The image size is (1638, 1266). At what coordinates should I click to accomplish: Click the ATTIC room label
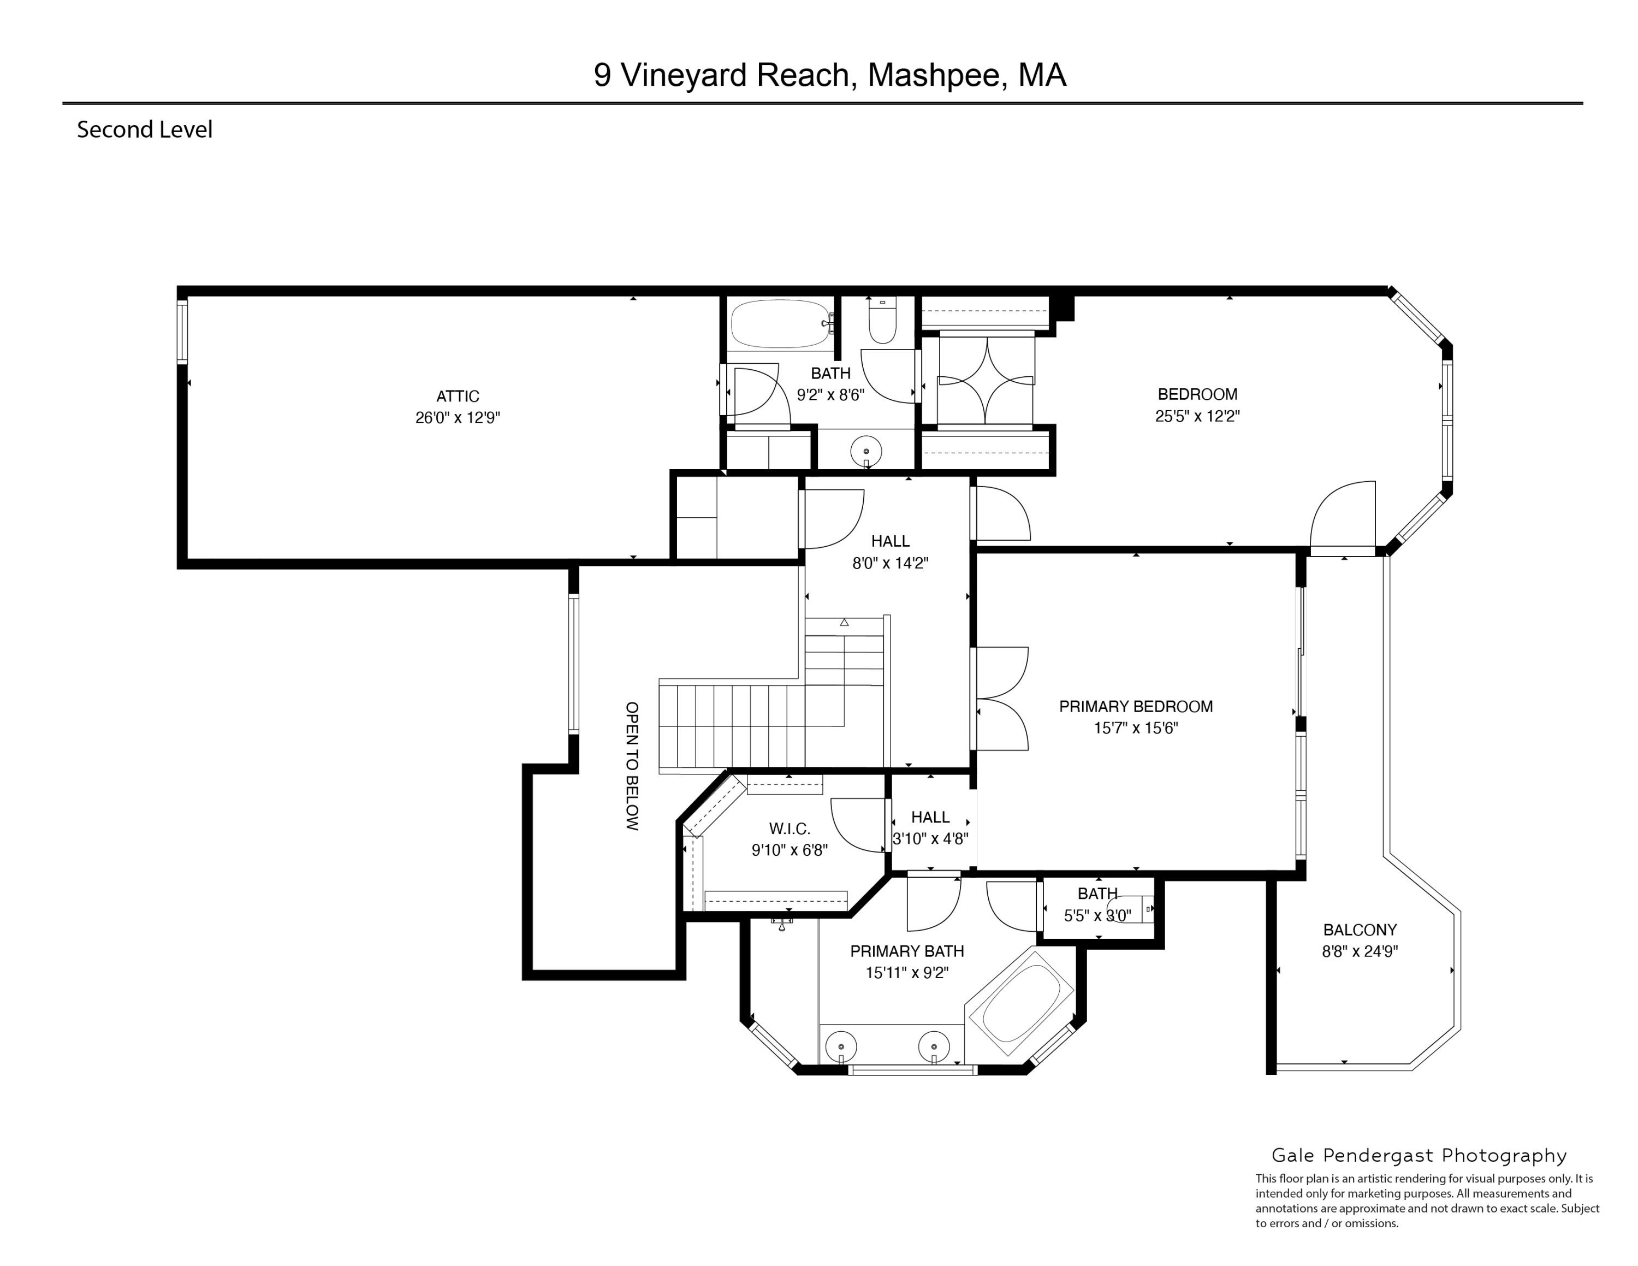[458, 396]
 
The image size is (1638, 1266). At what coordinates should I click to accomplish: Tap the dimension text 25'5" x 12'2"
[1197, 416]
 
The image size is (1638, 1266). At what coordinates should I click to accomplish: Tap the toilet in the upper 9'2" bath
[882, 322]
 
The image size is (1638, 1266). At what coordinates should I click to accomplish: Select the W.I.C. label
[789, 829]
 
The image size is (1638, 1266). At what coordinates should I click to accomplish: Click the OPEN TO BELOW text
[632, 766]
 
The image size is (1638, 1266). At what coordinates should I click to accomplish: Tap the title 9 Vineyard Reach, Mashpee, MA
[829, 75]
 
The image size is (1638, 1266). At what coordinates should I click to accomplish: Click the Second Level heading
[145, 130]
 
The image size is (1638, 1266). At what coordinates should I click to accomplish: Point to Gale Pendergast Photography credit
[1419, 1155]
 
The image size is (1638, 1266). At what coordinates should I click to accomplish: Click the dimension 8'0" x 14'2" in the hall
[890, 563]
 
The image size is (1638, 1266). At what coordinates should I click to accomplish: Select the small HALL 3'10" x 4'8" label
[930, 818]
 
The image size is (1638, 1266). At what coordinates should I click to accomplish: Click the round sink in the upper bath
[867, 452]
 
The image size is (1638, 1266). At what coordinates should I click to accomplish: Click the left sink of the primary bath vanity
[841, 1045]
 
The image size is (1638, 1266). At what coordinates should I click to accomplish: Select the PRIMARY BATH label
[907, 951]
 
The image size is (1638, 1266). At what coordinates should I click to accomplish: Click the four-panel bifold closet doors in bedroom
[986, 381]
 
